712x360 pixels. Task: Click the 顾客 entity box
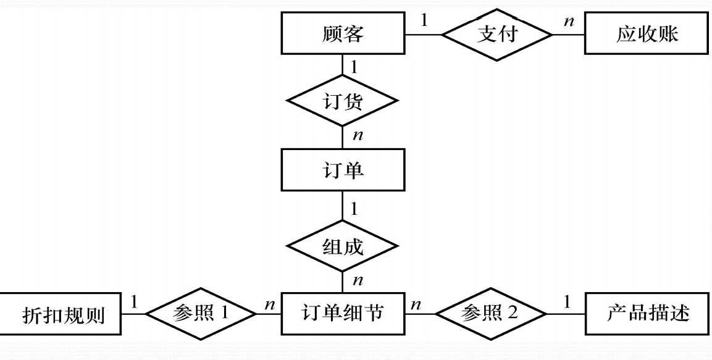click(343, 34)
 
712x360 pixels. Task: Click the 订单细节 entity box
click(343, 314)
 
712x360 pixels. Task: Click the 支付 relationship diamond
click(496, 34)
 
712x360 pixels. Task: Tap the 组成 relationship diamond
click(343, 246)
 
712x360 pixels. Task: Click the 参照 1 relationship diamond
click(201, 314)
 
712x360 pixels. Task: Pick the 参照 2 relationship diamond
click(492, 314)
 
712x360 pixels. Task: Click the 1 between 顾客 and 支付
click(424, 21)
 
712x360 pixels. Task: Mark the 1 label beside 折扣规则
click(133, 302)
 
